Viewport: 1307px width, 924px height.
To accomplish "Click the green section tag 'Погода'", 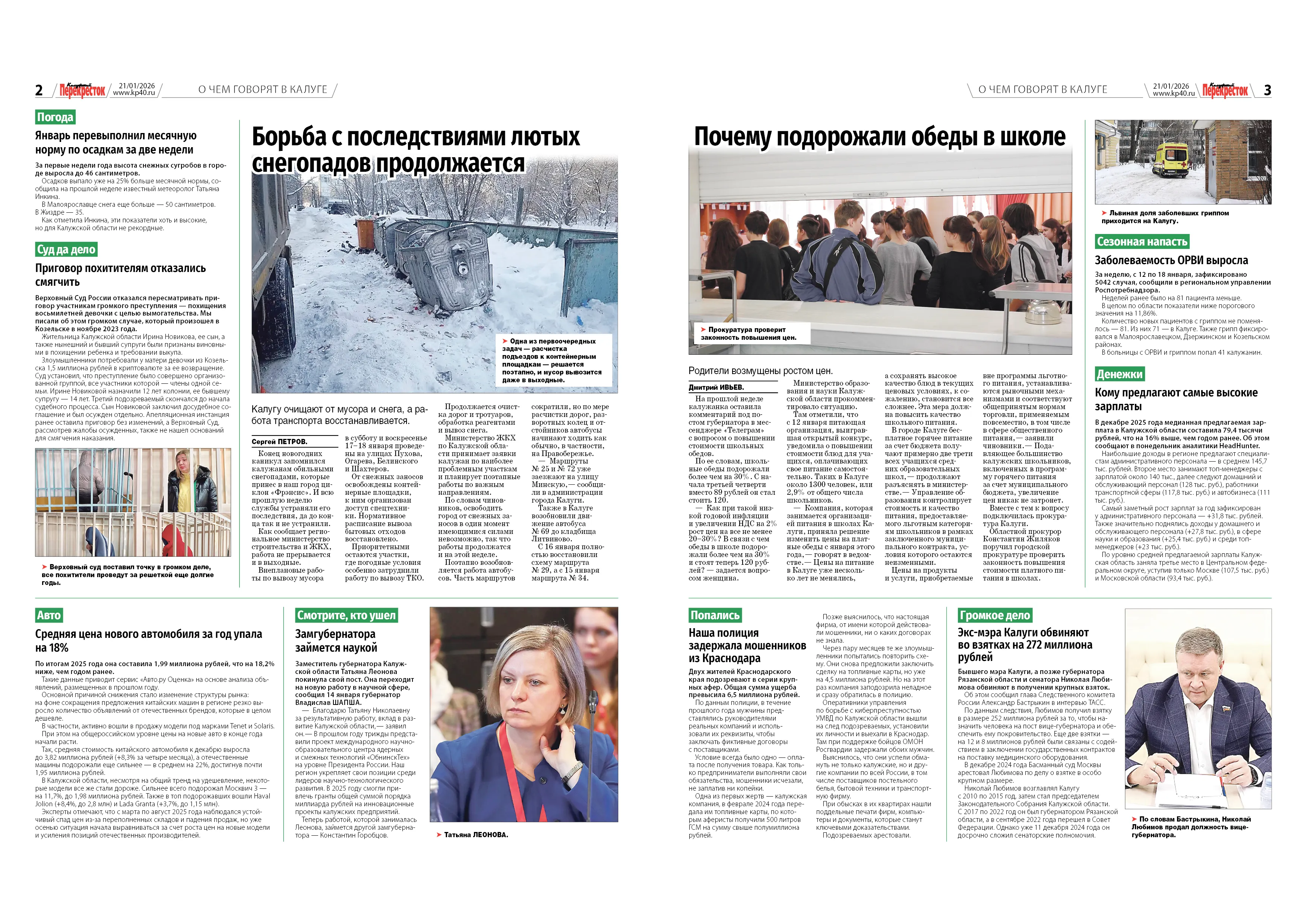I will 55,117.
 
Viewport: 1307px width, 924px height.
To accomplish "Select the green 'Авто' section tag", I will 49,616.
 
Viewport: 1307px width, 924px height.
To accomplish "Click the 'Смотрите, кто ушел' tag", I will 346,616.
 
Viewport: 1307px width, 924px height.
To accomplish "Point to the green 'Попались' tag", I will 715,616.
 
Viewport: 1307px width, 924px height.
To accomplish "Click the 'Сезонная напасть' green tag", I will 1142,242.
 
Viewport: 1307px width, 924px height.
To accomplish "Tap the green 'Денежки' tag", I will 1119,374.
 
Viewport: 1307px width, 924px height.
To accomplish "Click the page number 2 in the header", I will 39,90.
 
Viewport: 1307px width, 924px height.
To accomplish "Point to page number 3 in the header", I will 1267,90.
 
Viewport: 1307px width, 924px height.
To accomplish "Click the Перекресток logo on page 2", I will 83,90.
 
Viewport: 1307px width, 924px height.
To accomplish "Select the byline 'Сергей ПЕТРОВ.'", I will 279,442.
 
